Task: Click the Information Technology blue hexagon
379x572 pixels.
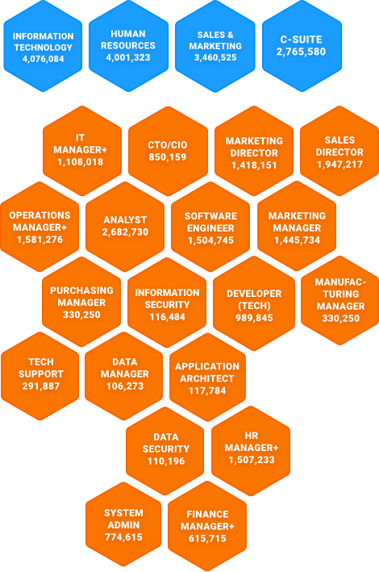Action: (x=43, y=46)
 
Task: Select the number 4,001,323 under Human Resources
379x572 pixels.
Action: (x=128, y=57)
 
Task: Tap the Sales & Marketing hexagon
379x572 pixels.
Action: (x=215, y=46)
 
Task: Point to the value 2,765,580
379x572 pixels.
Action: (x=301, y=52)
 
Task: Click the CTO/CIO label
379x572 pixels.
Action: (x=168, y=145)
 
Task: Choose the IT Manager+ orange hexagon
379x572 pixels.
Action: (x=82, y=151)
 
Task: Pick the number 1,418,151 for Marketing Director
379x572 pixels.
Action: (x=254, y=165)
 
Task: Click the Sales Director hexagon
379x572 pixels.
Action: (x=339, y=151)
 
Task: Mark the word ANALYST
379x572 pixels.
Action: (x=125, y=220)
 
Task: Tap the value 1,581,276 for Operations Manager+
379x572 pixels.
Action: (x=40, y=240)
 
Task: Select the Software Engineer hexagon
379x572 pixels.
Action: (x=210, y=227)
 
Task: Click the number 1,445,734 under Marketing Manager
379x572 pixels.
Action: (x=297, y=240)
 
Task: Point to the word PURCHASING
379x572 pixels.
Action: (x=81, y=290)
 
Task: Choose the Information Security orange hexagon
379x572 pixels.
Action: (x=167, y=303)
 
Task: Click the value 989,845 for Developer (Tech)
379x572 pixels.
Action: (x=254, y=318)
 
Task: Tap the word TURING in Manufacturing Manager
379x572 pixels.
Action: (x=341, y=294)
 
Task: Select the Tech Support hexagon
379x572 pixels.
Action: (x=40, y=376)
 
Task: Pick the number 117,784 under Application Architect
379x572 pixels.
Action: (x=207, y=390)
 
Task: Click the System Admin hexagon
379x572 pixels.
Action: (x=123, y=525)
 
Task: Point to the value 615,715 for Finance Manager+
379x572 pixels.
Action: (x=207, y=538)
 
